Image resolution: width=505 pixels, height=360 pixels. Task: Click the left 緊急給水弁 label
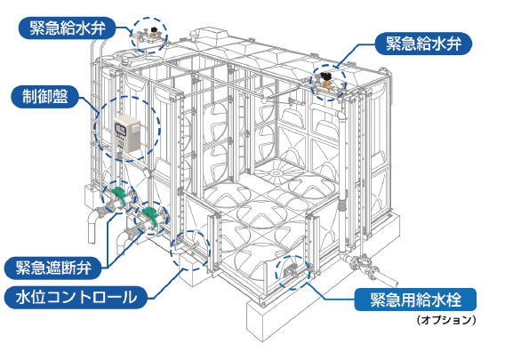click(67, 28)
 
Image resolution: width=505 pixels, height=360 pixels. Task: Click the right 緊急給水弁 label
click(423, 44)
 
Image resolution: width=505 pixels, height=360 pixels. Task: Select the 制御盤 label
click(44, 97)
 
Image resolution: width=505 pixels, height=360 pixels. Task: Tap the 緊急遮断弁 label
click(53, 268)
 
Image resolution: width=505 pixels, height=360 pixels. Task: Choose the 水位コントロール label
click(76, 298)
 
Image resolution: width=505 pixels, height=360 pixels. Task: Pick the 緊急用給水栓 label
click(415, 300)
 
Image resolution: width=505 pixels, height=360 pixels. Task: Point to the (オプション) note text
click(446, 320)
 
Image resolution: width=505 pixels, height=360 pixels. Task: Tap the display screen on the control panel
click(120, 129)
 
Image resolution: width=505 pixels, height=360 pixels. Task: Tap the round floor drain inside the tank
click(276, 173)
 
